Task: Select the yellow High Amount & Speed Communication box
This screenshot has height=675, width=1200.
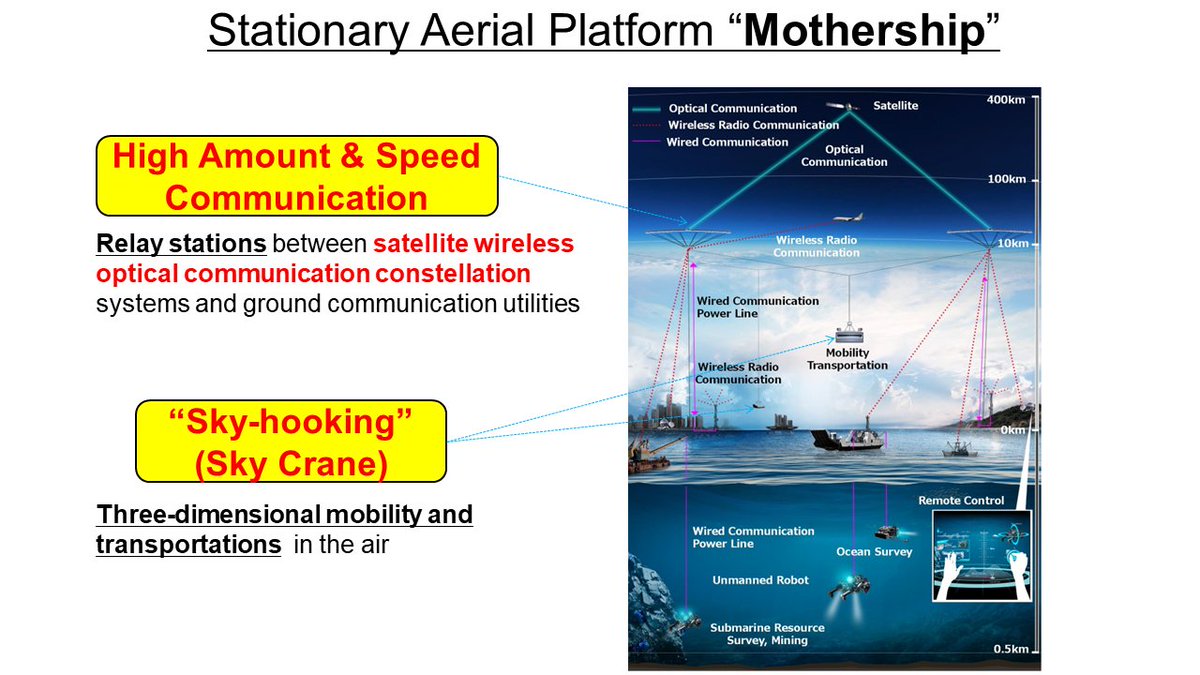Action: click(x=296, y=176)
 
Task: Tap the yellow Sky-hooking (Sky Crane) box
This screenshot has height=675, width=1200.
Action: click(x=290, y=442)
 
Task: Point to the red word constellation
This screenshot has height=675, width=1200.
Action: click(x=453, y=272)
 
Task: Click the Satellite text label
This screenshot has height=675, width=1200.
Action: click(x=895, y=105)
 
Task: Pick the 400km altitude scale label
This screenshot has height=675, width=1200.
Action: click(x=1007, y=101)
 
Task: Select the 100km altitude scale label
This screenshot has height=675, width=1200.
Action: click(x=1007, y=180)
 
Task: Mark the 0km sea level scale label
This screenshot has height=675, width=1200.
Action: click(x=1013, y=429)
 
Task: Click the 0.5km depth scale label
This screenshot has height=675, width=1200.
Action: click(x=1010, y=649)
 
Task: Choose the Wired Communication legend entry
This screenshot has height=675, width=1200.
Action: click(x=728, y=142)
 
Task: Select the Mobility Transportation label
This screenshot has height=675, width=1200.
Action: click(x=847, y=359)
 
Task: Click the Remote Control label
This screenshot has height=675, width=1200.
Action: click(x=961, y=500)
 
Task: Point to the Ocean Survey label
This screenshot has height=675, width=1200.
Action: click(x=874, y=551)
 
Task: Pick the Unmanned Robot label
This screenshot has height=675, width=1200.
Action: click(x=760, y=579)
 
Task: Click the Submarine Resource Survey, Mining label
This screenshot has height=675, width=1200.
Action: click(x=767, y=634)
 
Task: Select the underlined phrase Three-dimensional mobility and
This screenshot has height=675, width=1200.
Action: click(x=284, y=515)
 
